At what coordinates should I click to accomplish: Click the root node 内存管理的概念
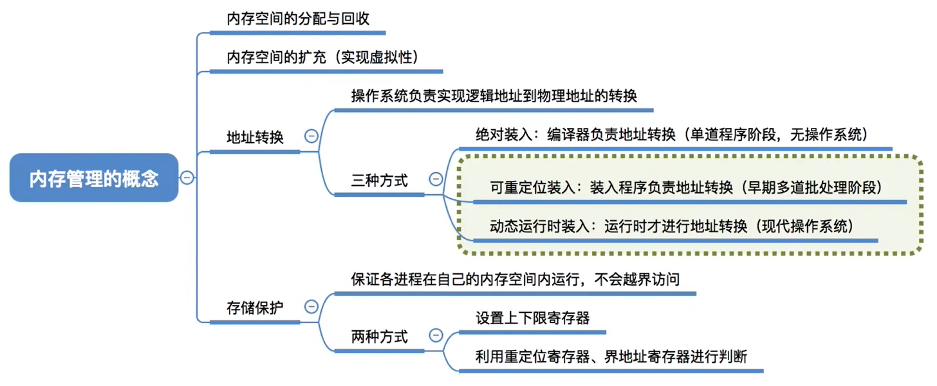coord(94,178)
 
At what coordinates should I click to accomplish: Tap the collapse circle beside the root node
coord(187,178)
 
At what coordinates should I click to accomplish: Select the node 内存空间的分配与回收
coord(298,19)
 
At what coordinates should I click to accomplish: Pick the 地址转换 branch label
coord(255,137)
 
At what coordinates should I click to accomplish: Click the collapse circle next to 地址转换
coord(311,136)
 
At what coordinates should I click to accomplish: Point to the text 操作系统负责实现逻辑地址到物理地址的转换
coord(494,96)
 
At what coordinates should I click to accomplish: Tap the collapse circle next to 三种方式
coord(436,179)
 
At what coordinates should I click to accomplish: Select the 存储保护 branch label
coord(255,308)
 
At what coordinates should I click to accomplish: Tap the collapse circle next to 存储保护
coord(311,307)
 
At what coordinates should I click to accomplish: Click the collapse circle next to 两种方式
coord(436,335)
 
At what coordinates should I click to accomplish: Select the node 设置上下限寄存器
coord(532,318)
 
